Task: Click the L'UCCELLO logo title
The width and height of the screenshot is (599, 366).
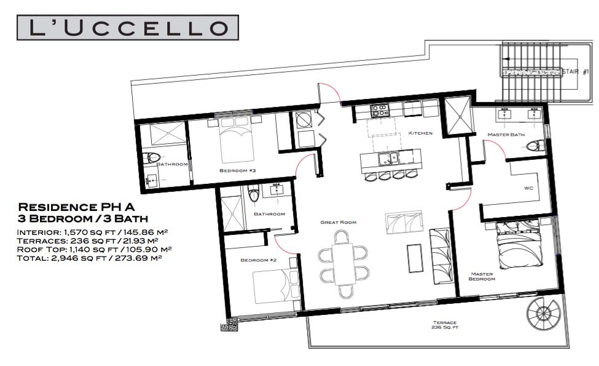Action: (128, 28)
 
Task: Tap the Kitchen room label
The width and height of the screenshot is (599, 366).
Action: (420, 133)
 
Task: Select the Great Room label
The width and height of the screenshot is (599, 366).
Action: (338, 222)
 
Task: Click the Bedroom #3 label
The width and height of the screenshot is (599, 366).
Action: (237, 170)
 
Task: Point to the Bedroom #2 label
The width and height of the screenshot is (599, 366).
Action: (258, 260)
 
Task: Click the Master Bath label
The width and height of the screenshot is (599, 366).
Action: (506, 135)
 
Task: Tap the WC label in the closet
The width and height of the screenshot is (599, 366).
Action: (528, 188)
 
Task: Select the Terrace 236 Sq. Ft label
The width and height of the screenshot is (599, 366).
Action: (445, 325)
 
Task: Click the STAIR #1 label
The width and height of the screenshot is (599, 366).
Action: (576, 71)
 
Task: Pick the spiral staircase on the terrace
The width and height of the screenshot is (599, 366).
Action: (542, 314)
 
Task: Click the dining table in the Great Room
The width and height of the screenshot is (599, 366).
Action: (345, 265)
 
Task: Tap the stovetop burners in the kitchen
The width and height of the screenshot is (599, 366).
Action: (380, 111)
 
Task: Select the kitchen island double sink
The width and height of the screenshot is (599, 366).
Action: (388, 158)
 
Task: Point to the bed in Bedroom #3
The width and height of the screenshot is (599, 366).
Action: (237, 140)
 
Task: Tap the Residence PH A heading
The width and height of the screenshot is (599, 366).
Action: (76, 207)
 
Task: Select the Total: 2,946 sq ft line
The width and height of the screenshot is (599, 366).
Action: (90, 258)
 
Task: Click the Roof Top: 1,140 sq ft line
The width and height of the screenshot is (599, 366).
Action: (95, 249)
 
